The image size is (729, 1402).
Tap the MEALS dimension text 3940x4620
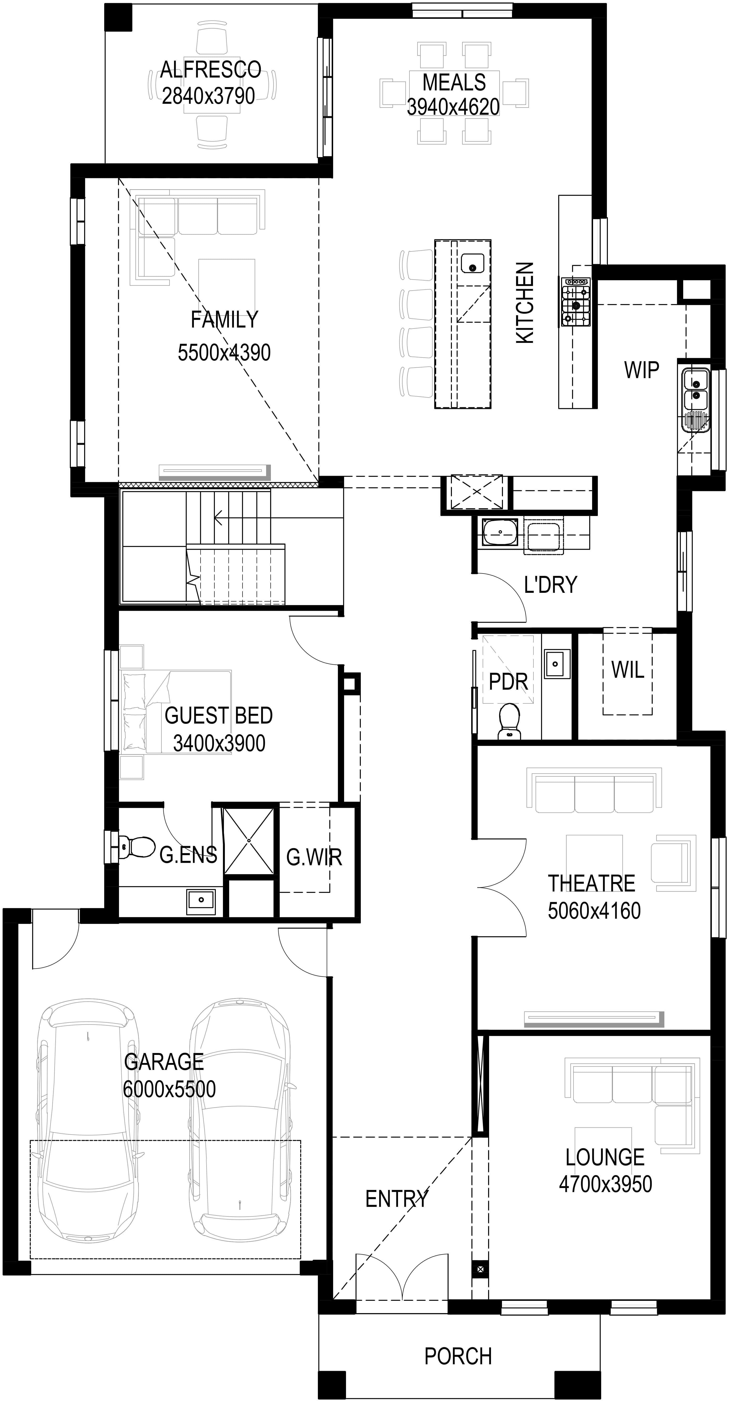[453, 107]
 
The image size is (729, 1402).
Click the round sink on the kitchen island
[472, 263]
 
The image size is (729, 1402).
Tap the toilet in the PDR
[509, 721]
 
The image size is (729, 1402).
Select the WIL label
[628, 670]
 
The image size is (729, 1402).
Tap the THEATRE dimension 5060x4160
[594, 911]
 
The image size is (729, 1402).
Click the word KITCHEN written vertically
[525, 302]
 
